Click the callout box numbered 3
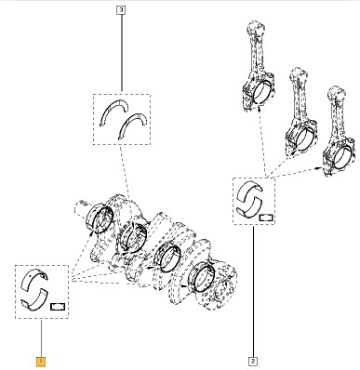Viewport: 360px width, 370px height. [121, 10]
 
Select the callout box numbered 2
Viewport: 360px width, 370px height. [253, 361]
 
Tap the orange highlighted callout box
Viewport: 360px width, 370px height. [41, 362]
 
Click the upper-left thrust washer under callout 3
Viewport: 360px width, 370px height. [113, 112]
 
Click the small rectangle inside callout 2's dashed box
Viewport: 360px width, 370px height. [266, 218]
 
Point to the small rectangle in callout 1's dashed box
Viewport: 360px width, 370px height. [58, 307]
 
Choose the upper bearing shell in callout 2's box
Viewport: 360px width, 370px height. [250, 192]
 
